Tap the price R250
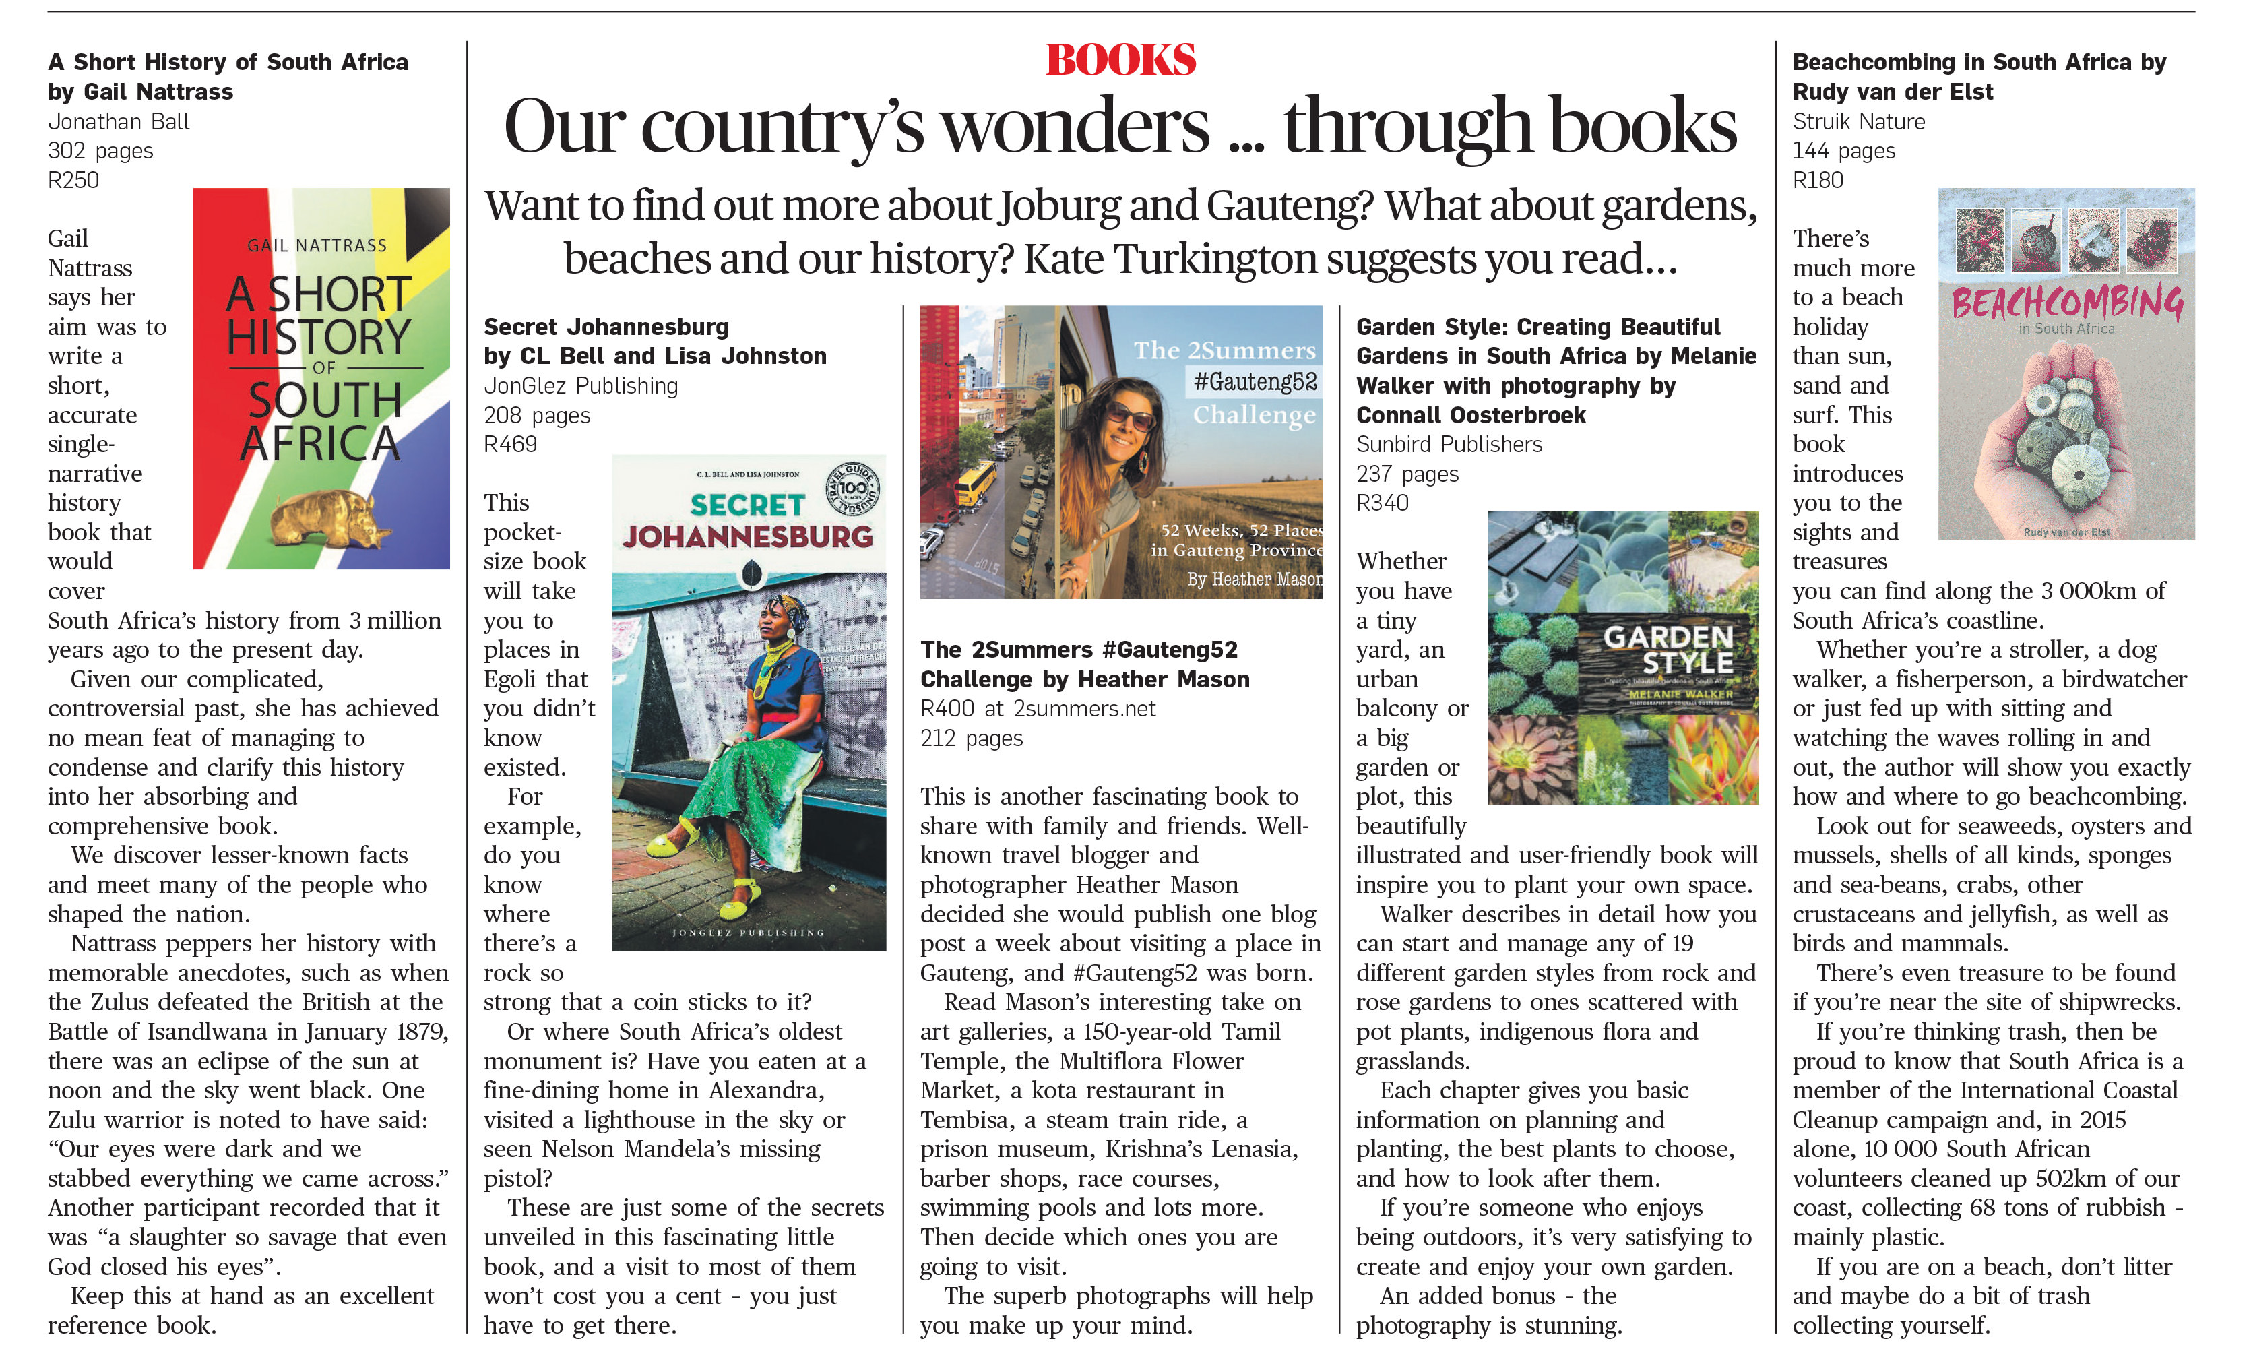coord(73,179)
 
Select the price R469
coord(510,444)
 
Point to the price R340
coord(1382,503)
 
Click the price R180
coord(1817,179)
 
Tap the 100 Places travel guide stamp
coord(852,489)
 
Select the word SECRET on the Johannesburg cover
coord(747,505)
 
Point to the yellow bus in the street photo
coord(972,483)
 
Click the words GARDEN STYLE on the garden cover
coord(1668,649)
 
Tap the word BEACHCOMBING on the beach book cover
coord(2066,302)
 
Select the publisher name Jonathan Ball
coord(119,121)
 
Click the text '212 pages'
coord(971,738)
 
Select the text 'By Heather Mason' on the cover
coord(1254,578)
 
